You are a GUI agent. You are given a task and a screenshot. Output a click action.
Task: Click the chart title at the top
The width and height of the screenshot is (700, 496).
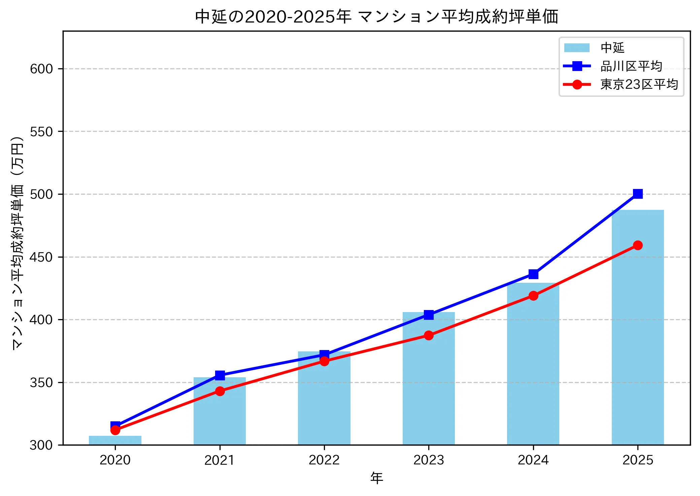(376, 16)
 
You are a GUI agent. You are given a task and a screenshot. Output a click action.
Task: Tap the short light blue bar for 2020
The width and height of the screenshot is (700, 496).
(115, 441)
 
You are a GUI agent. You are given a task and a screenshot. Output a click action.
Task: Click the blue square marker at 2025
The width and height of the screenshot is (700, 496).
(637, 194)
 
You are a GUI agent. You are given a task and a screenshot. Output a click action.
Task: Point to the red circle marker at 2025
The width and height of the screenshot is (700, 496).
(637, 245)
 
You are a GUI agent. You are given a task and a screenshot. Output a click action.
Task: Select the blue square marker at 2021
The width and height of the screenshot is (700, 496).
(220, 375)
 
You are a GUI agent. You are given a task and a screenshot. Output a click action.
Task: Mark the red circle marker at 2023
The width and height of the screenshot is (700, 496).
(429, 335)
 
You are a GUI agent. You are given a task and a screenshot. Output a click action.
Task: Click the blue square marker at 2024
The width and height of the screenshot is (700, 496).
(533, 274)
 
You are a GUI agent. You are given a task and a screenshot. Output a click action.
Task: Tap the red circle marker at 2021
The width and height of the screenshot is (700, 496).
(220, 391)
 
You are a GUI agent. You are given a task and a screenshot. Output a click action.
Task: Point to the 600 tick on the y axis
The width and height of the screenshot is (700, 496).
(41, 69)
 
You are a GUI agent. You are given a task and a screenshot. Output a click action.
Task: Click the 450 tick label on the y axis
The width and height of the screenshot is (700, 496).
(41, 257)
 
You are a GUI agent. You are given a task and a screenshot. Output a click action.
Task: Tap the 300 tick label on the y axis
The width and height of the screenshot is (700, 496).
(41, 445)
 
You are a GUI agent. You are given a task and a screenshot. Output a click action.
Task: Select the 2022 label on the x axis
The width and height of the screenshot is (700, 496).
(324, 460)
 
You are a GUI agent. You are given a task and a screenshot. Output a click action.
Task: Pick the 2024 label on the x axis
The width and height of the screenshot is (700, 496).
(533, 460)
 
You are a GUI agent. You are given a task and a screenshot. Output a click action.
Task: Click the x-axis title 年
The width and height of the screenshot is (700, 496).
(376, 478)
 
